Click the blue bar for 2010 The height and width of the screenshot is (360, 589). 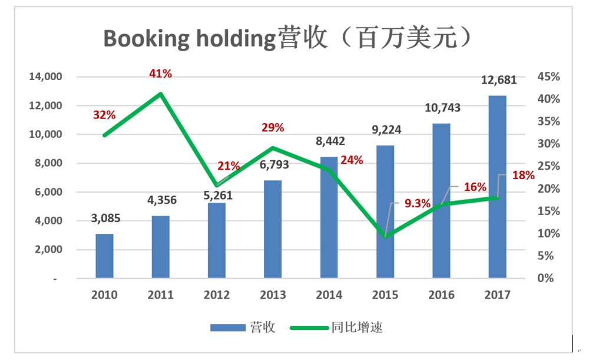tap(104, 256)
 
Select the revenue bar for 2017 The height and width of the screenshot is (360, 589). tap(497, 186)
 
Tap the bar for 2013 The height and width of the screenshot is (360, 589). tap(273, 229)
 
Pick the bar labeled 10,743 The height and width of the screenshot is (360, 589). tap(441, 200)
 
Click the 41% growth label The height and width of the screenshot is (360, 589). tap(160, 74)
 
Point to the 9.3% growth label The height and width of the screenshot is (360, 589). tap(418, 204)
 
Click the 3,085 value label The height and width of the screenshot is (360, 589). tap(106, 219)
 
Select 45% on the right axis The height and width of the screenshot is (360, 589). tap(547, 77)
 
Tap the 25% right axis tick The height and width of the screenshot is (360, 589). tap(547, 167)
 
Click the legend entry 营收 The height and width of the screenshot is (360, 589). tap(243, 328)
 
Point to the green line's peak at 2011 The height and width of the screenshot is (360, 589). tap(161, 94)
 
